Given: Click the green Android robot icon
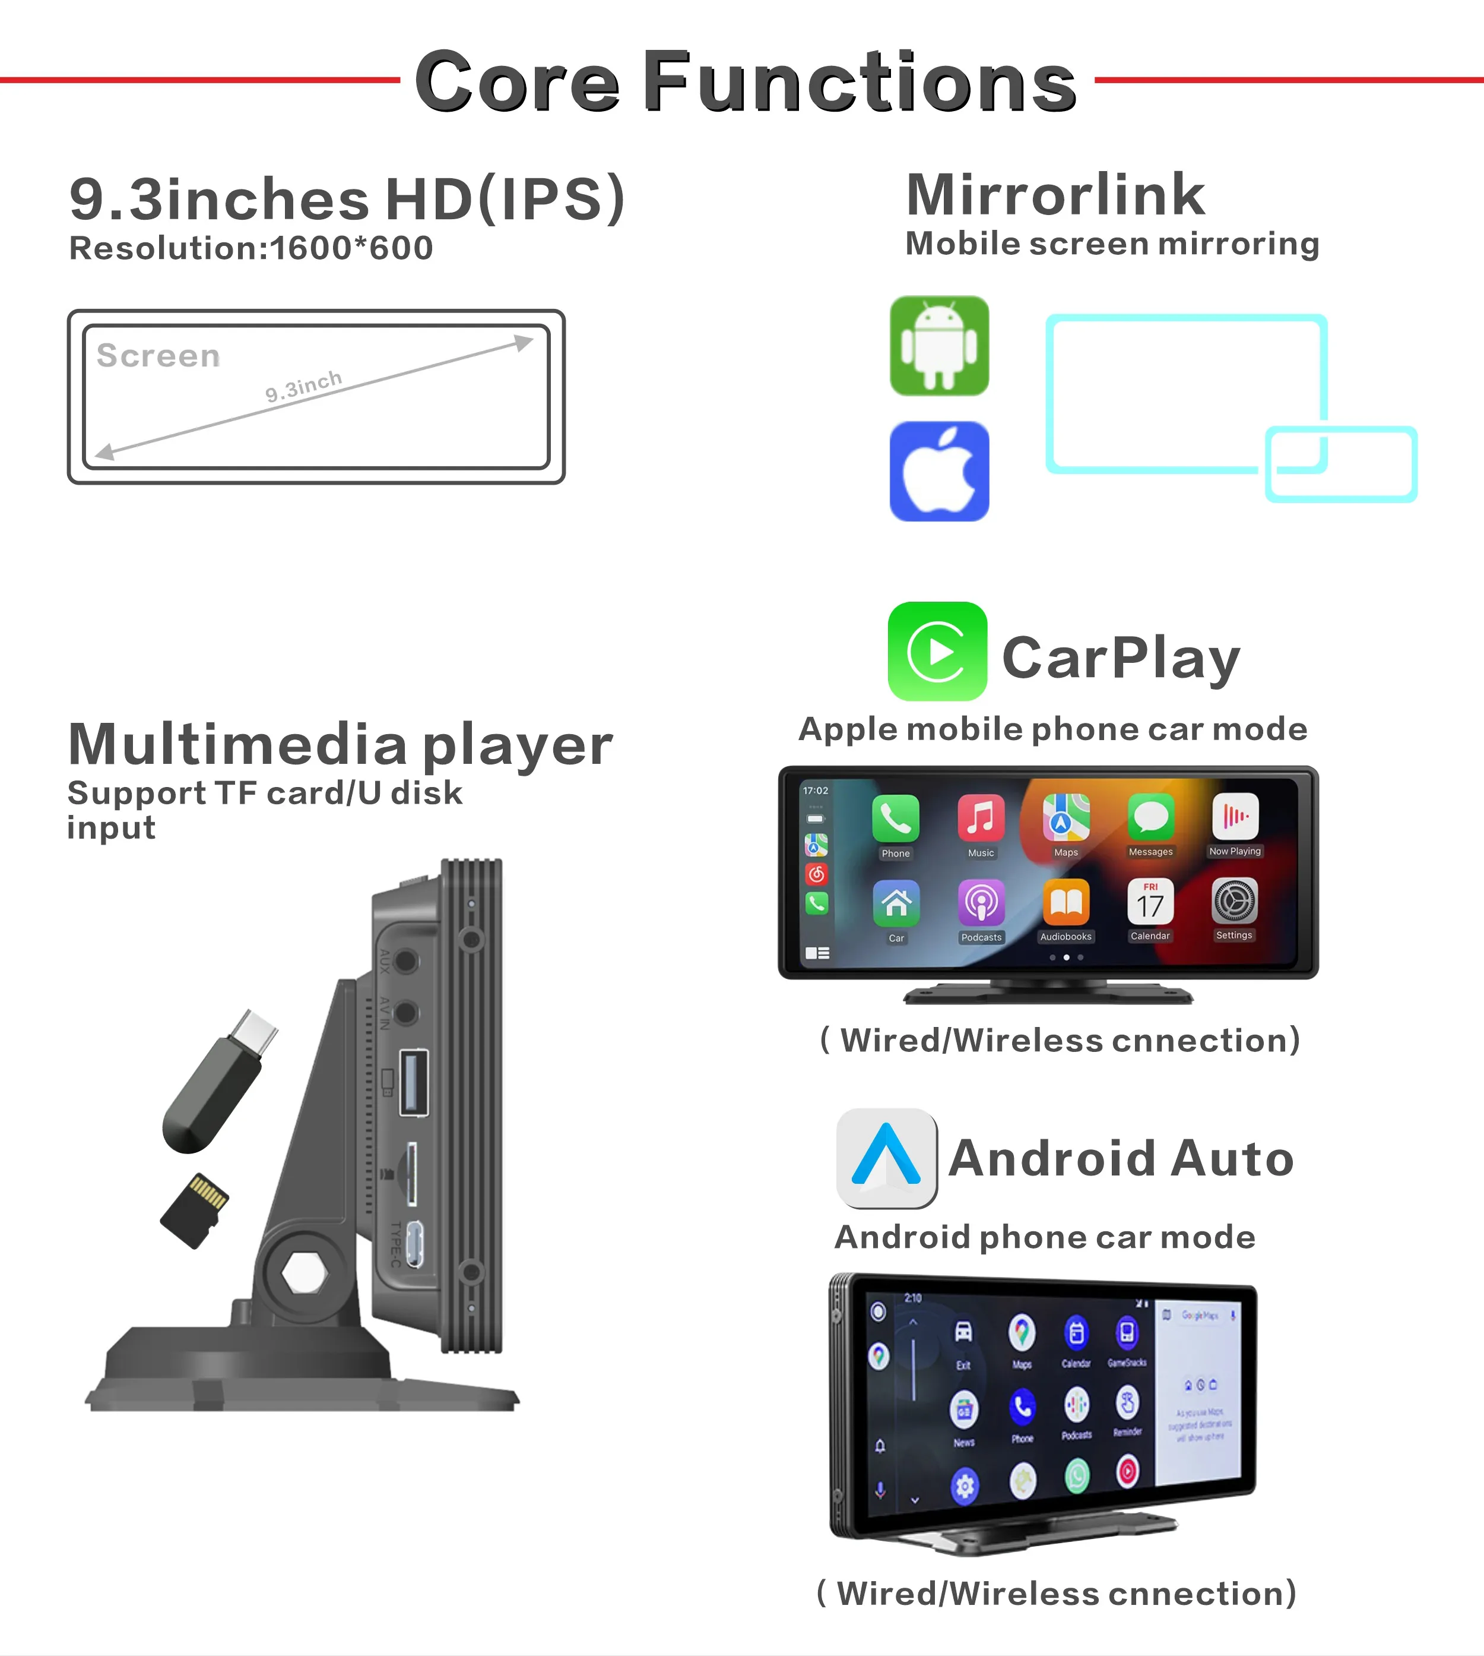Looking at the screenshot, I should click(x=939, y=346).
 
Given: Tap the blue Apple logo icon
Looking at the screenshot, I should click(x=939, y=472).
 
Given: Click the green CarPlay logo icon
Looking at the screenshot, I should click(x=937, y=652).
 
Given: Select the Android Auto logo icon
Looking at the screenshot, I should click(x=886, y=1158).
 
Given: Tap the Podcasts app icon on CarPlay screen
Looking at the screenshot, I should click(x=981, y=902).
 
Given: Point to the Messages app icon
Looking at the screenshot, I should click(x=1150, y=817).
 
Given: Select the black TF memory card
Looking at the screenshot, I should click(x=195, y=1211).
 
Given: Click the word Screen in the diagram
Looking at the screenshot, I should click(x=158, y=356).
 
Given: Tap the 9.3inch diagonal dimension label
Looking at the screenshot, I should click(x=303, y=386).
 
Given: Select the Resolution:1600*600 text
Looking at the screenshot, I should click(x=251, y=248).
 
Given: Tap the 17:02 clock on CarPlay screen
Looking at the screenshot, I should click(x=816, y=791).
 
